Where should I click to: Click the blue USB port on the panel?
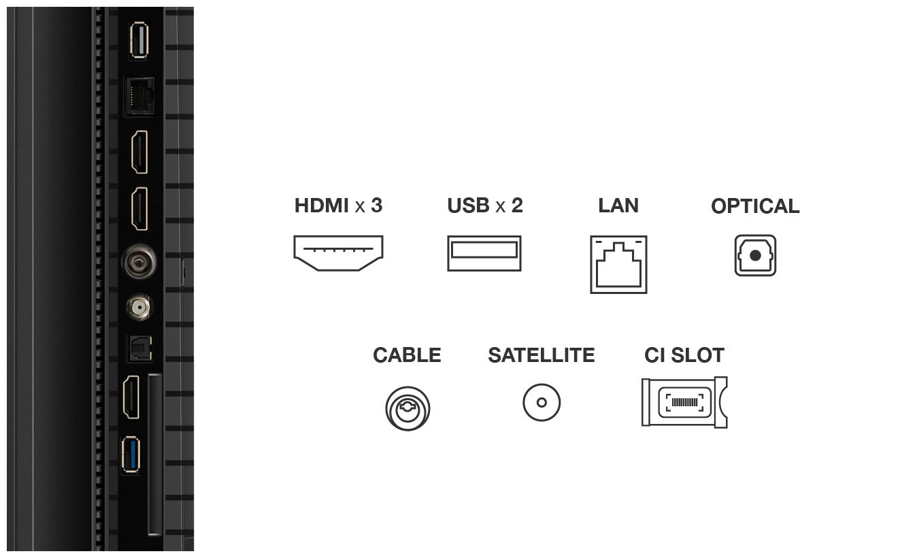click(x=131, y=455)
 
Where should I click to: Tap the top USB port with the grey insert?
click(x=139, y=40)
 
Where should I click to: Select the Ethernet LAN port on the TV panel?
click(x=139, y=97)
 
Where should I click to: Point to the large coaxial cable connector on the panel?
click(x=139, y=262)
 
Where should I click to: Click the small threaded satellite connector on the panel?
click(x=139, y=308)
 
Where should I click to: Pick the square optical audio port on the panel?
click(x=140, y=348)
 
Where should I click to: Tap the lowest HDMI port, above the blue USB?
click(x=131, y=397)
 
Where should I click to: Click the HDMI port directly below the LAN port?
click(x=139, y=152)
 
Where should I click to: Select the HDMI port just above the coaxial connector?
click(x=139, y=209)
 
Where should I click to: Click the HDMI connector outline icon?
click(x=338, y=253)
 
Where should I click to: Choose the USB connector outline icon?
click(x=484, y=253)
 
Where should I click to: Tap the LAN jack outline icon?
click(x=618, y=265)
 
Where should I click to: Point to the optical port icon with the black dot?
click(x=755, y=255)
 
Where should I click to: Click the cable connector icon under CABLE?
click(x=408, y=408)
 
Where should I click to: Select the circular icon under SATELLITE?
click(x=542, y=402)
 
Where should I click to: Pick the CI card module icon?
click(x=684, y=402)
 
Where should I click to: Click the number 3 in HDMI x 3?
click(x=376, y=206)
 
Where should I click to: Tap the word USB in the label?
click(x=468, y=206)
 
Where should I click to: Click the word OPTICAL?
click(x=755, y=206)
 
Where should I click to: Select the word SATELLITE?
click(x=542, y=355)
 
